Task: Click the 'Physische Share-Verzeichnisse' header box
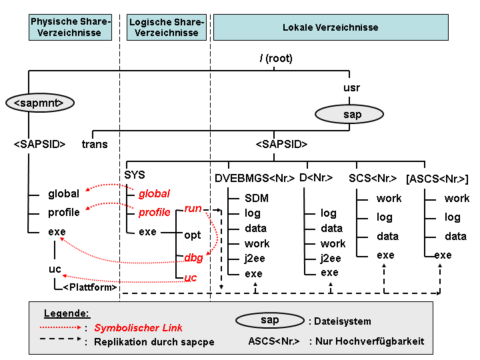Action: [x=70, y=27]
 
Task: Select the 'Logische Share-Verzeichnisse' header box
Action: [x=167, y=27]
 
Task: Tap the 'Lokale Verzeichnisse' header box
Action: [x=331, y=27]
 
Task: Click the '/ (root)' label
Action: [x=276, y=58]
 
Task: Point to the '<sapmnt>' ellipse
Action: [x=40, y=103]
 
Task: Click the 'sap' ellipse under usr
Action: [x=349, y=114]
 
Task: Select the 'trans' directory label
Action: [x=95, y=144]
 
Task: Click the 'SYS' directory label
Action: [x=135, y=175]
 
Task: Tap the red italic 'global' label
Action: [x=154, y=194]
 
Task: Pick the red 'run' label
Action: [x=193, y=209]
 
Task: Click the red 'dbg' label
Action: [x=193, y=258]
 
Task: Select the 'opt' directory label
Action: [x=192, y=235]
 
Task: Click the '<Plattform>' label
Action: [x=90, y=287]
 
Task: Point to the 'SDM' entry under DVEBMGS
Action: [x=257, y=199]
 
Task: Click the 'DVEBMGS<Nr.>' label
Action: [x=255, y=178]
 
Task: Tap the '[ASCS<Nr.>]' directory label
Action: [x=437, y=179]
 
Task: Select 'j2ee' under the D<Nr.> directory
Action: [x=331, y=259]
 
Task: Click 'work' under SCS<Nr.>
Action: [x=389, y=199]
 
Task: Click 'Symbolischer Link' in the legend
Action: [x=138, y=328]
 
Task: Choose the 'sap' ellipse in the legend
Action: [x=270, y=321]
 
